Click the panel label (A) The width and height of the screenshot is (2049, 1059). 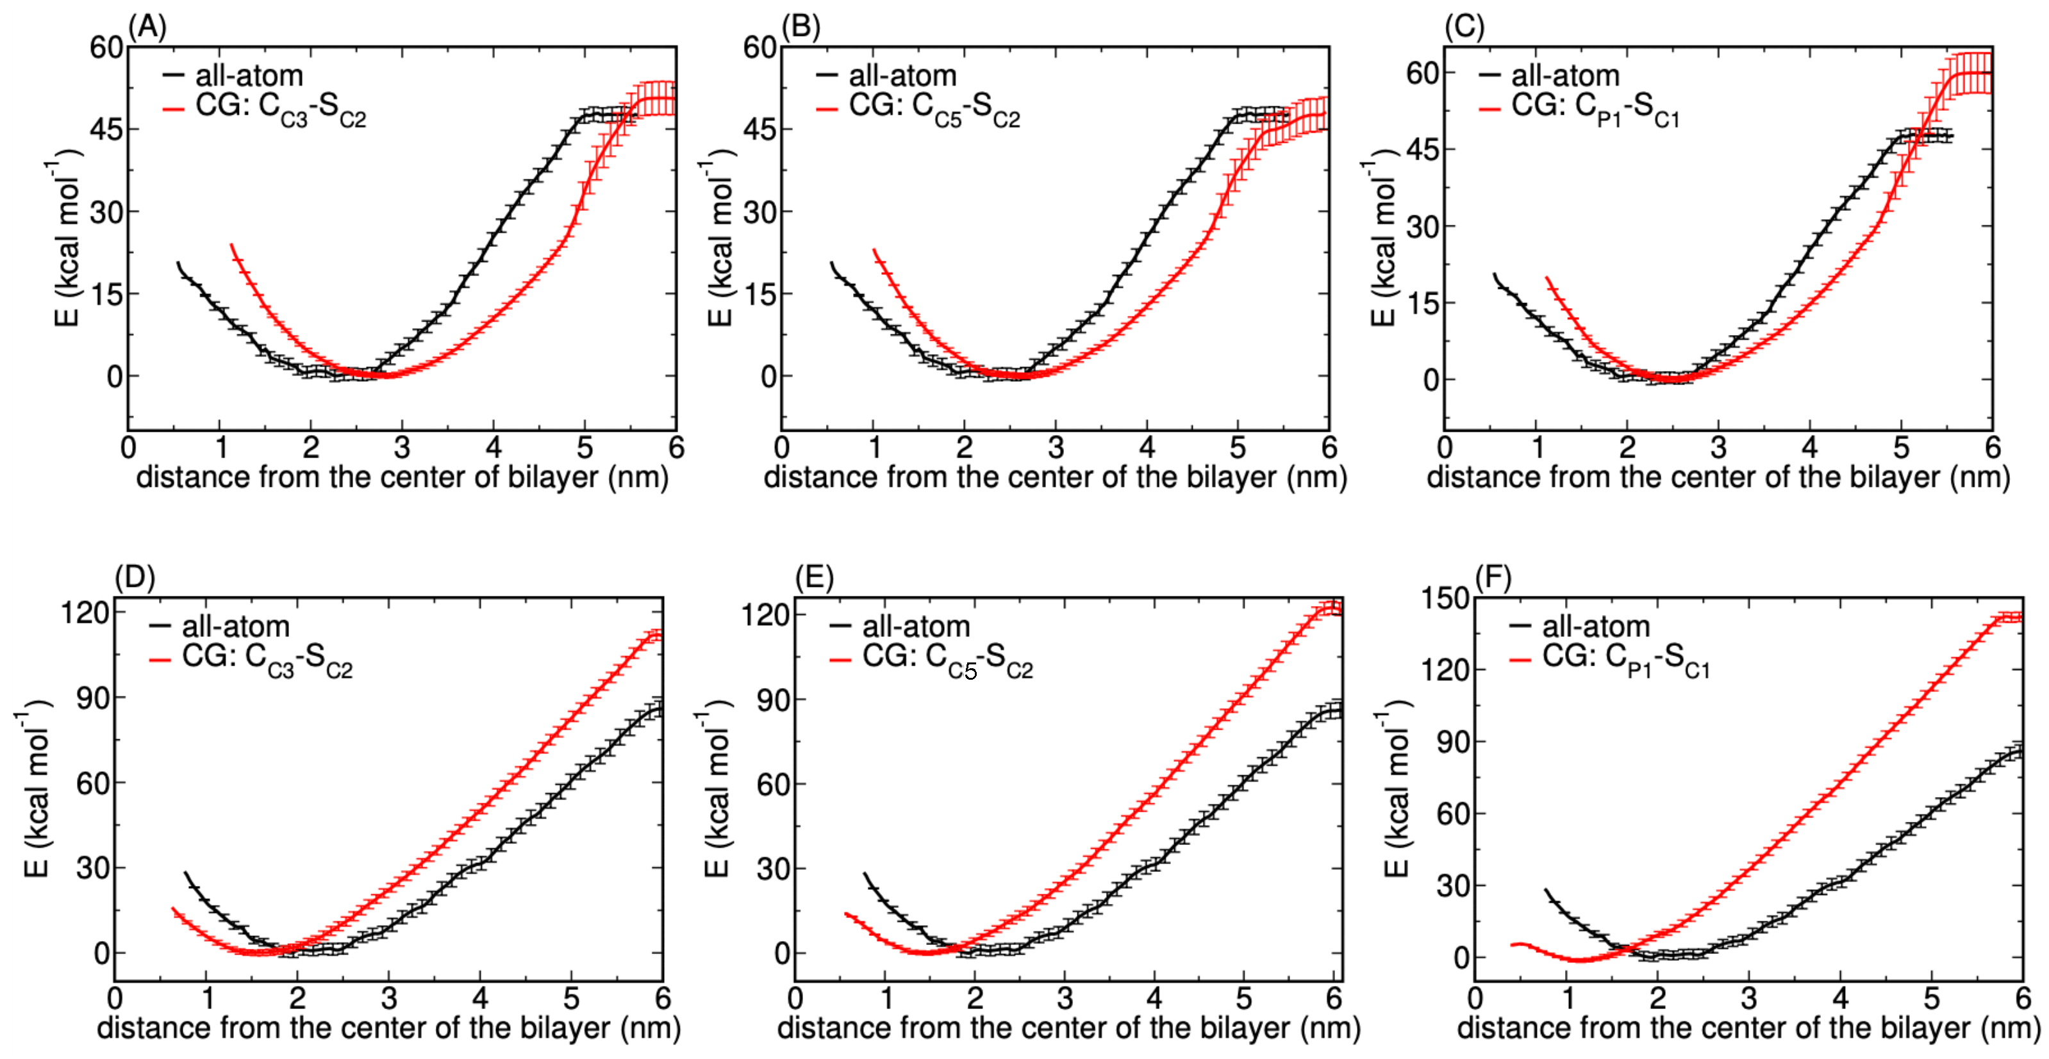[x=148, y=28]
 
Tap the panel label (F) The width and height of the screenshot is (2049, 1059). [x=1492, y=577]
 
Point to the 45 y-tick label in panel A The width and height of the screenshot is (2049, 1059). [x=106, y=129]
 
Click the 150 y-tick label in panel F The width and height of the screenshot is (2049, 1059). [x=1445, y=598]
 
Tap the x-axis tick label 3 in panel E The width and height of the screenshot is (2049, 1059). [x=1065, y=997]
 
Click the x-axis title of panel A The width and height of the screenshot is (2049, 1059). [x=402, y=477]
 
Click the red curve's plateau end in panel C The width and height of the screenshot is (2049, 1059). [x=1989, y=73]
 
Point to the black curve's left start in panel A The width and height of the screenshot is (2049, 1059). [x=178, y=263]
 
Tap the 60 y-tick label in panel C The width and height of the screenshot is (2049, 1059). [x=1422, y=73]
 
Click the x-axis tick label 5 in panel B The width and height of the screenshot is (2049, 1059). [x=1238, y=448]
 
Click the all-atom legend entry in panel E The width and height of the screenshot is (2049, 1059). [x=915, y=627]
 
